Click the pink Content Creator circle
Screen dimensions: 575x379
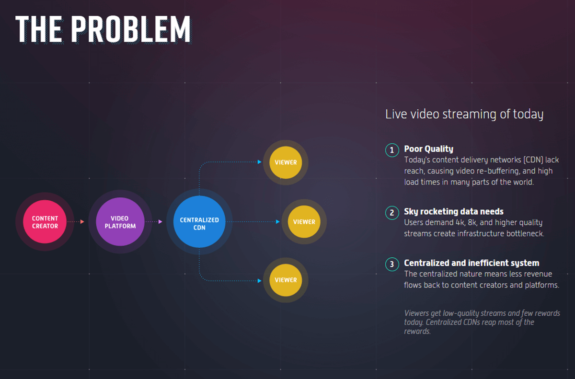pyautogui.click(x=45, y=222)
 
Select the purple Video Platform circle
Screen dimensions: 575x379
pyautogui.click(x=120, y=222)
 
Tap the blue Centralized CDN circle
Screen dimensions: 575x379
pyautogui.click(x=199, y=222)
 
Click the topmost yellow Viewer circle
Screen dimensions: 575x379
pyautogui.click(x=286, y=162)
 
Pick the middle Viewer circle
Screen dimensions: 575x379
pyautogui.click(x=304, y=222)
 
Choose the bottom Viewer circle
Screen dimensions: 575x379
pyautogui.click(x=286, y=280)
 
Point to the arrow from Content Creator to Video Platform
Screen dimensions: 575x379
pyautogui.click(x=76, y=222)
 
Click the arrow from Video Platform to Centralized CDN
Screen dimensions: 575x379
pyautogui.click(x=154, y=222)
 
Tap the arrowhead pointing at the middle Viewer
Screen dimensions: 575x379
pyautogui.click(x=278, y=222)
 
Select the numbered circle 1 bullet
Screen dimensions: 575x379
pyautogui.click(x=391, y=150)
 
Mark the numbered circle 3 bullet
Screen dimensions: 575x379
pyautogui.click(x=391, y=264)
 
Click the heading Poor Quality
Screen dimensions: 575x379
pyautogui.click(x=428, y=149)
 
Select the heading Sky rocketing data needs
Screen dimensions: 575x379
pyautogui.click(x=453, y=211)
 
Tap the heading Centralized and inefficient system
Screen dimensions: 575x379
pyautogui.click(x=471, y=263)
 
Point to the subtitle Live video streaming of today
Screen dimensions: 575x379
pyautogui.click(x=464, y=115)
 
